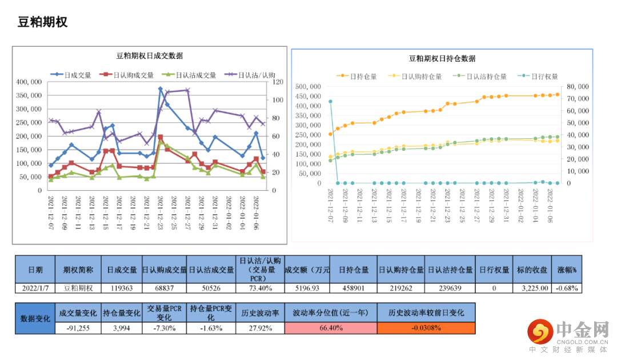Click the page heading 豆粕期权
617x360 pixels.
[x=43, y=22]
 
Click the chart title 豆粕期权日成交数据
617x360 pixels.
[x=150, y=55]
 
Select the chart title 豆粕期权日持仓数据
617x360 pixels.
[x=442, y=58]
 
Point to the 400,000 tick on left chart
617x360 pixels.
[x=29, y=82]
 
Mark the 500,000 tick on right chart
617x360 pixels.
[x=309, y=86]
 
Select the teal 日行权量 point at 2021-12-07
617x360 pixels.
[x=330, y=102]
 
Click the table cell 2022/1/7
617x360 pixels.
[x=35, y=287]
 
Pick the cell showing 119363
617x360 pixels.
[x=121, y=287]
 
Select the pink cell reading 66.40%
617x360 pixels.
[x=330, y=328]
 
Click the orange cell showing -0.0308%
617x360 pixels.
[x=426, y=328]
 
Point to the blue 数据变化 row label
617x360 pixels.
[x=35, y=318]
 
